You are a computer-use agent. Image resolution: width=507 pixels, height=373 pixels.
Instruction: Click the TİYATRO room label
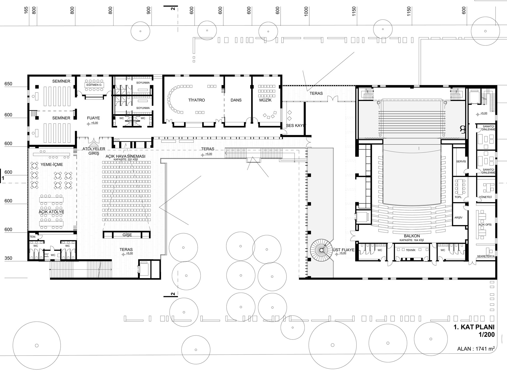[x=196, y=100]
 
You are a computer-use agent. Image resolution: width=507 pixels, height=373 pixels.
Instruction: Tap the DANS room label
[x=236, y=100]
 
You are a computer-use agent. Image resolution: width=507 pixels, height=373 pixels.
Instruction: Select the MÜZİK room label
[x=265, y=100]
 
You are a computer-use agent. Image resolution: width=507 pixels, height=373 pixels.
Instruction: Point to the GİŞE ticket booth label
[x=127, y=235]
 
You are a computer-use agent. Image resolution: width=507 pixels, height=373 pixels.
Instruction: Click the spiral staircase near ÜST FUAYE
[x=321, y=250]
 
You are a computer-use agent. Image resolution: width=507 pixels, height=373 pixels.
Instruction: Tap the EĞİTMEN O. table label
[x=94, y=85]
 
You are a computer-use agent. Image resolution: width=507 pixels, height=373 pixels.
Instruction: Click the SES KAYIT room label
[x=296, y=126]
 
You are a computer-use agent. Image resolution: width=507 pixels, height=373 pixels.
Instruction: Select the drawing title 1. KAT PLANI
[x=474, y=327]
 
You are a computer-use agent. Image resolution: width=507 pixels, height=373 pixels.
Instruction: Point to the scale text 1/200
[x=486, y=335]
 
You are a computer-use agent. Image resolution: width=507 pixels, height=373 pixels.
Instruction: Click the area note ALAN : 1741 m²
[x=476, y=349]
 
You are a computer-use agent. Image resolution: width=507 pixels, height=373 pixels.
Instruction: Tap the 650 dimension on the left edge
[x=8, y=84]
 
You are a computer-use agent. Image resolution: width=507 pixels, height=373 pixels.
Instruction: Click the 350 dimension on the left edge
[x=8, y=258]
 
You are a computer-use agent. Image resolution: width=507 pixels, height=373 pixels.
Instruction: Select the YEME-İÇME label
[x=52, y=165]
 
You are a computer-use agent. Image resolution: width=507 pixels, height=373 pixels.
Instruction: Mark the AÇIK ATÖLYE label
[x=51, y=212]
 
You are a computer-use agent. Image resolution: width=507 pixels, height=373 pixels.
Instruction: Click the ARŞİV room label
[x=458, y=218]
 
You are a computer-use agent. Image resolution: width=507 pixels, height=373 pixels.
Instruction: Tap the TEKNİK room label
[x=411, y=250]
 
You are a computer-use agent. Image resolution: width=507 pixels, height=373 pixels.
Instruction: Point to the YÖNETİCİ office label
[x=485, y=197]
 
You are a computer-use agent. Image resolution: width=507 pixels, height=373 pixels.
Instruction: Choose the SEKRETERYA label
[x=486, y=256]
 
